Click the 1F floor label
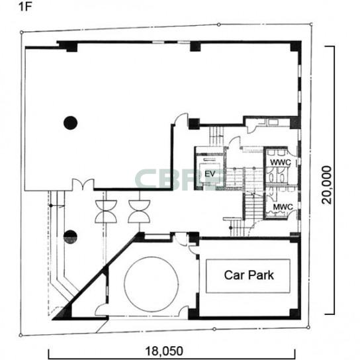(x=24, y=7)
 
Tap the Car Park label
(x=249, y=275)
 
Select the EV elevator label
(x=210, y=174)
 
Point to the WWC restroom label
(x=281, y=162)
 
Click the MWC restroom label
(x=283, y=207)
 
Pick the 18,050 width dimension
(x=164, y=351)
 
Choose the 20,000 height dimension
(x=327, y=185)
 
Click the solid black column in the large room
(x=70, y=123)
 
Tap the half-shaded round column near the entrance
(x=70, y=237)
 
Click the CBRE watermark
(x=179, y=179)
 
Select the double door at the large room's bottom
(x=83, y=185)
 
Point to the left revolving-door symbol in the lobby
(x=106, y=212)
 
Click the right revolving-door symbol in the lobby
(x=139, y=212)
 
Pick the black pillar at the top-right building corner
(x=296, y=46)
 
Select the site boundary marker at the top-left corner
(x=22, y=32)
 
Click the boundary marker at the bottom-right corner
(x=308, y=327)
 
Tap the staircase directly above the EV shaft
(x=216, y=136)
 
